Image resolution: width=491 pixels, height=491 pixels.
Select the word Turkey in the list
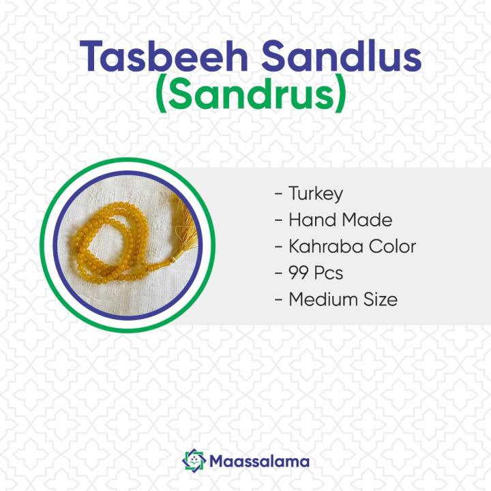tap(315, 194)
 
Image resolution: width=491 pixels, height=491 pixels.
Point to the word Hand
tap(309, 220)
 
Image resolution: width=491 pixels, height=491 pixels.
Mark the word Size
tap(379, 299)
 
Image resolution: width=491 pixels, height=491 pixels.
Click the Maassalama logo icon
tap(194, 461)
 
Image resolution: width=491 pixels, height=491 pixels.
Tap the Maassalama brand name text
tap(260, 462)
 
